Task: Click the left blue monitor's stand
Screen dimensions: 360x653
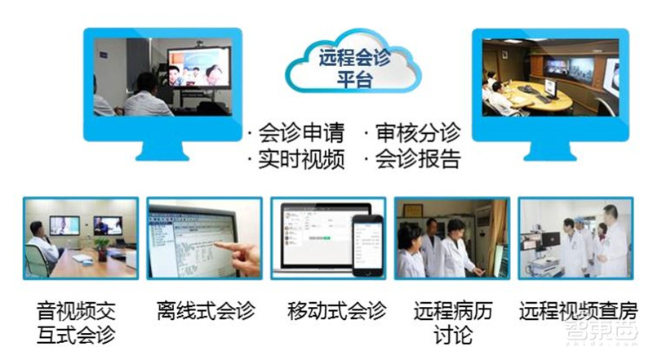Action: (150, 147)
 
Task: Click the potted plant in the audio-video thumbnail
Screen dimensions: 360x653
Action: (100, 245)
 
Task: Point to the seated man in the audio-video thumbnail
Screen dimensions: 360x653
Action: (41, 245)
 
